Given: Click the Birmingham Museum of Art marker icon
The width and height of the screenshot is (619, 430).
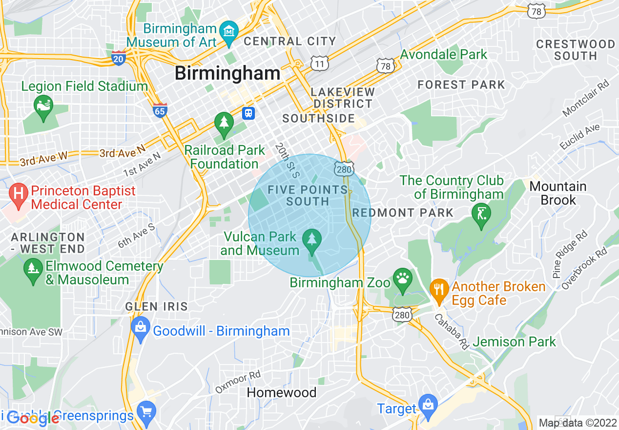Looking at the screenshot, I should tap(228, 31).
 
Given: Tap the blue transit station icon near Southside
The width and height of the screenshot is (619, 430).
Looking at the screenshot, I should tap(249, 113).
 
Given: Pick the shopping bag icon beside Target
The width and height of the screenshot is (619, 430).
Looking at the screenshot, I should tap(428, 406).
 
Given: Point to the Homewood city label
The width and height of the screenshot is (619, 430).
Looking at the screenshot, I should tap(282, 392).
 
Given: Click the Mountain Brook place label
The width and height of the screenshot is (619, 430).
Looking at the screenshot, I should tap(558, 193).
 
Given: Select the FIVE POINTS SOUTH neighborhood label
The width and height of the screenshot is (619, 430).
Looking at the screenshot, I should tap(308, 195).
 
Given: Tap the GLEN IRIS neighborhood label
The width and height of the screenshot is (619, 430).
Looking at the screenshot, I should tap(156, 307).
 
